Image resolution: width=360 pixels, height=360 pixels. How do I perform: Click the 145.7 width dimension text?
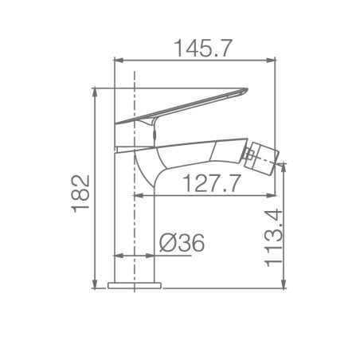pyautogui.click(x=203, y=49)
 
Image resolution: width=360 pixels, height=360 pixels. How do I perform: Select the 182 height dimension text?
pyautogui.click(x=80, y=194)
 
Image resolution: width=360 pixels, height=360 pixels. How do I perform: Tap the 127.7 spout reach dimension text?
pyautogui.click(x=212, y=183)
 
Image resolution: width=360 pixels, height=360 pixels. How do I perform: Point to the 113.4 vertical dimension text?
pyautogui.click(x=273, y=237)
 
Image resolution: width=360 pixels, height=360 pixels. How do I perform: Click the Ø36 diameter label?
pyautogui.click(x=182, y=243)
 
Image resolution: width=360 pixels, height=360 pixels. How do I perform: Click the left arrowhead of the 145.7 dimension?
pyautogui.click(x=119, y=61)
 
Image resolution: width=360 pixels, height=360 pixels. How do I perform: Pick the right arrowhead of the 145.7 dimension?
pyautogui.click(x=271, y=61)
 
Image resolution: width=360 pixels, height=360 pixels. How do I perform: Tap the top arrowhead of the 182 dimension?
pyautogui.click(x=95, y=93)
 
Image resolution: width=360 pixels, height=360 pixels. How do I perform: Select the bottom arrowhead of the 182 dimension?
pyautogui.click(x=95, y=283)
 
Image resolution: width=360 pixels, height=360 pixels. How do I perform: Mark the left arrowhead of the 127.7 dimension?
pyautogui.click(x=138, y=196)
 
